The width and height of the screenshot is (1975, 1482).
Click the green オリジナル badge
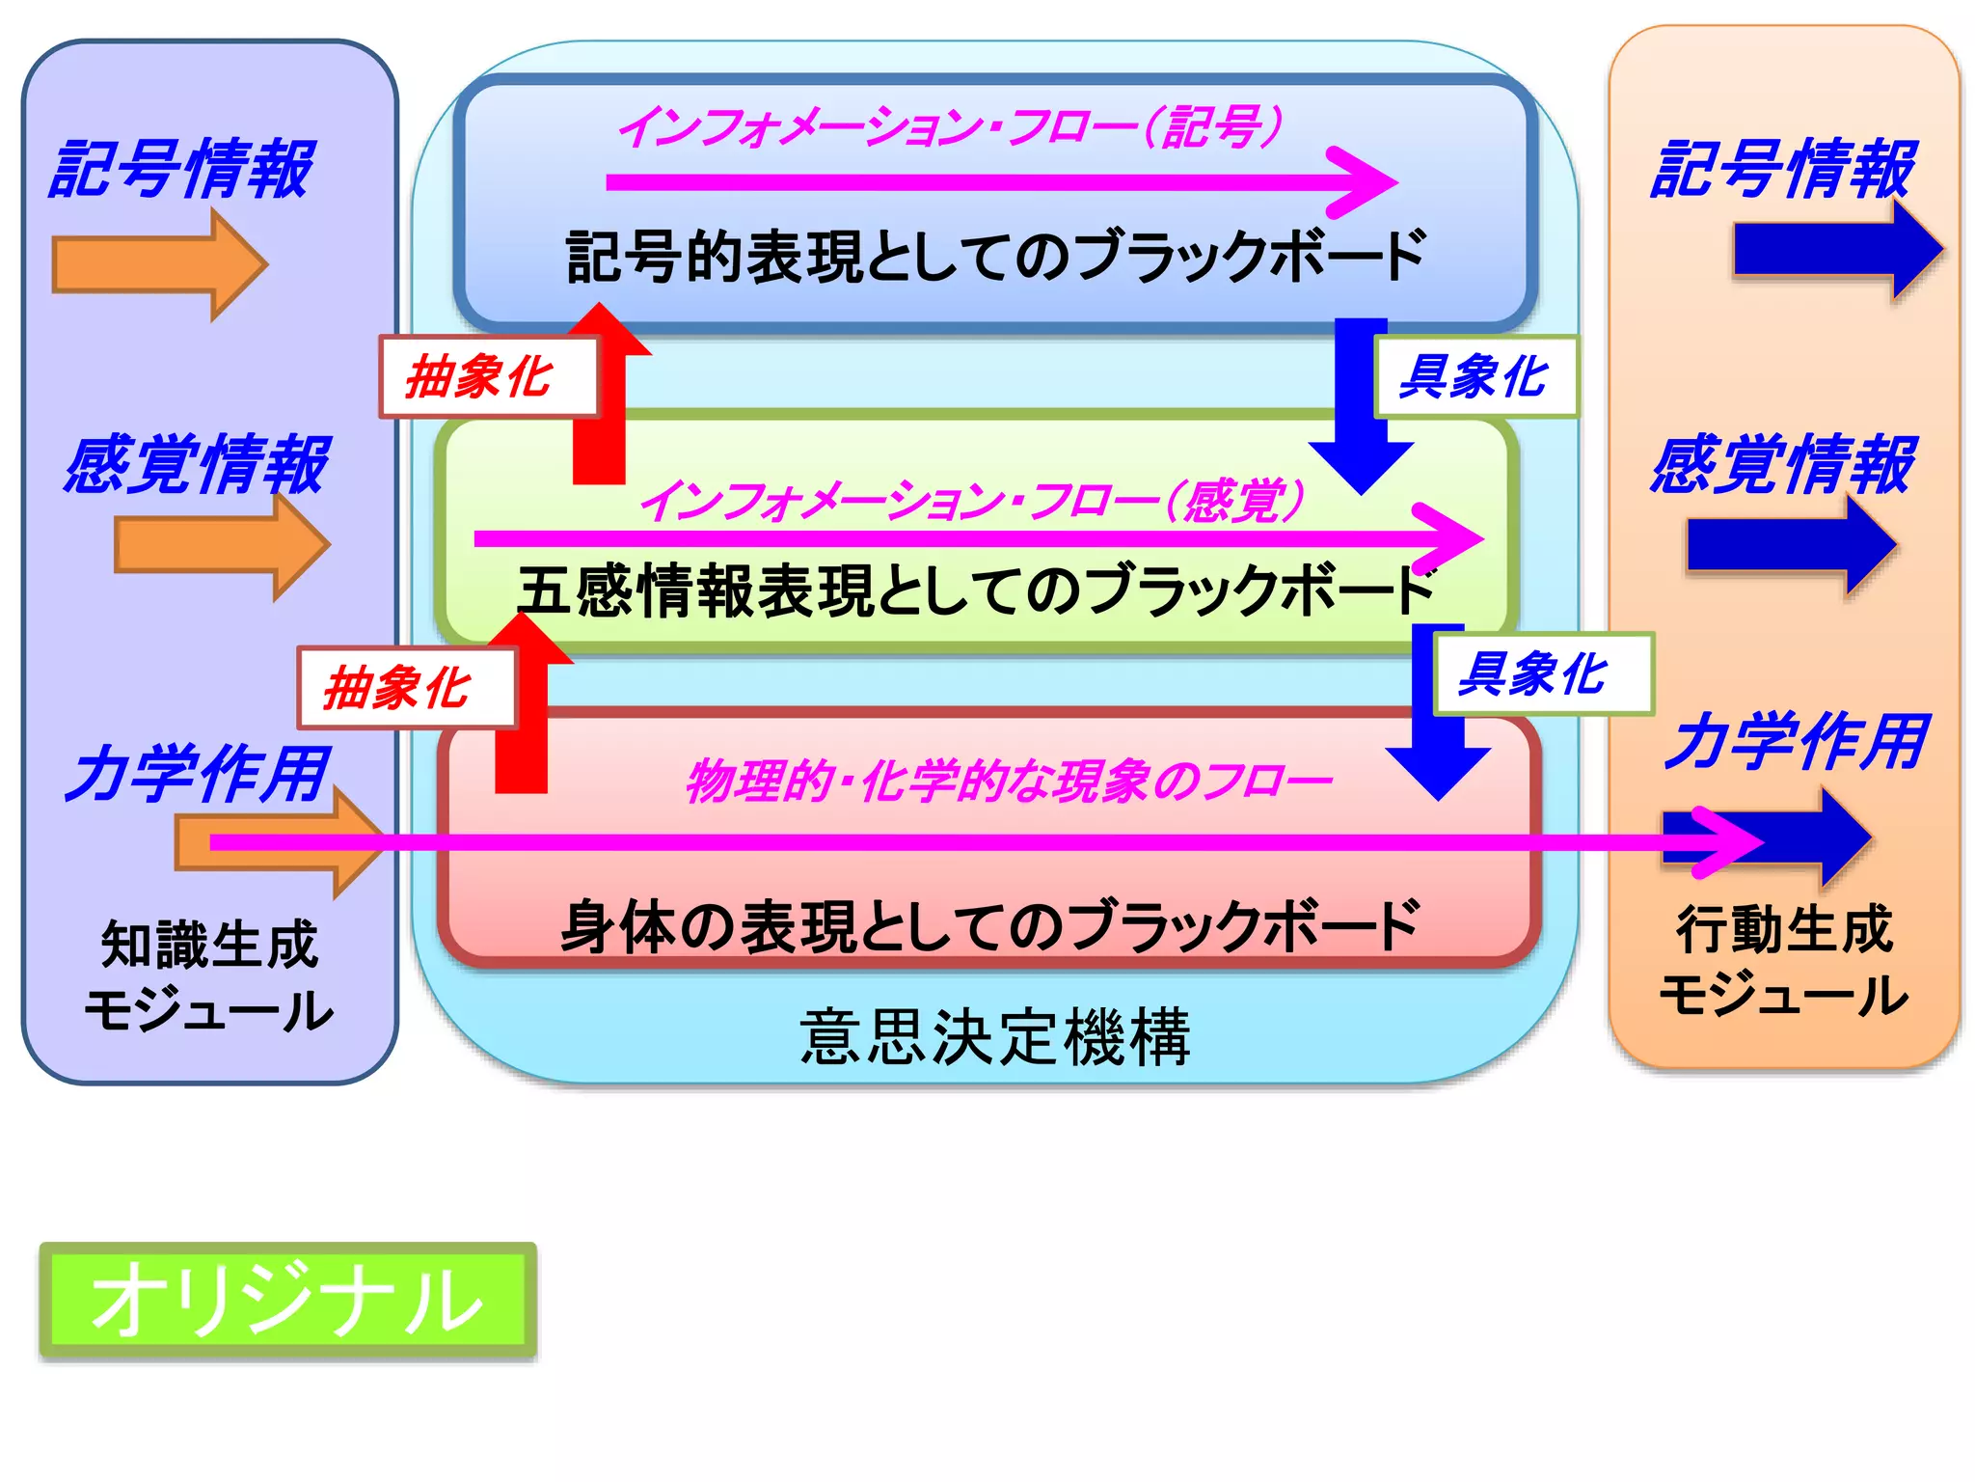[287, 1301]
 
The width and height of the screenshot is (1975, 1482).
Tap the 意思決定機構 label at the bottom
[994, 1038]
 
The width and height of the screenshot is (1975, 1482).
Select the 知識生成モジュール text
[209, 976]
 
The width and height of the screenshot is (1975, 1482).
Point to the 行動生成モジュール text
[1784, 962]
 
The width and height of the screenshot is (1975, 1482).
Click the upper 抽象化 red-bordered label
[488, 376]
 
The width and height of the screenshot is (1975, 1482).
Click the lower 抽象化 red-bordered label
[405, 688]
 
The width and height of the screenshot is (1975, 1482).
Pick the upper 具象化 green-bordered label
[1475, 376]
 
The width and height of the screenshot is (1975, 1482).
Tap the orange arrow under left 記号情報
[159, 264]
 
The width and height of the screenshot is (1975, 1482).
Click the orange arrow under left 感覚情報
[222, 545]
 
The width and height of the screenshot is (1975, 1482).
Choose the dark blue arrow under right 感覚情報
[1790, 545]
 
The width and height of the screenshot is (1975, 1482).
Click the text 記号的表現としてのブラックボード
[994, 257]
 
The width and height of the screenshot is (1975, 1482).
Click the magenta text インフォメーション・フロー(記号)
[950, 127]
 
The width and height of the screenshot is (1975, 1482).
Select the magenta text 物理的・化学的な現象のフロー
[1008, 781]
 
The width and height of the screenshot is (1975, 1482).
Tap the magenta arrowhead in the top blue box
[1365, 181]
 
